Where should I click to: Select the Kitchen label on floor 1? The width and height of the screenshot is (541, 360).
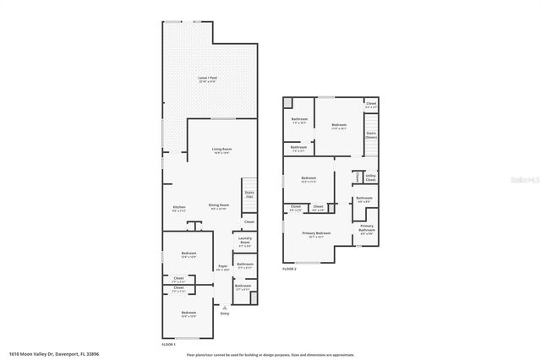point(179,208)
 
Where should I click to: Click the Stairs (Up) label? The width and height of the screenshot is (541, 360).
point(249,194)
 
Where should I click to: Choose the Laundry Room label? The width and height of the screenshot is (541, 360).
point(245,240)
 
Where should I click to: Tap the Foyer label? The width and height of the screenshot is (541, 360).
point(222,268)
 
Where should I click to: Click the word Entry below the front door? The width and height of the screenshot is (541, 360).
point(224,314)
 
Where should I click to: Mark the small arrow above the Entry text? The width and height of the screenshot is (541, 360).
point(224,308)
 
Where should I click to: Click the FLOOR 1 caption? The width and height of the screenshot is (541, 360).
point(169,345)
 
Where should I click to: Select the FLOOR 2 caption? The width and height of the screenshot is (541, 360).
point(290,270)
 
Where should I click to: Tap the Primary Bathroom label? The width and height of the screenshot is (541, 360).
point(367,228)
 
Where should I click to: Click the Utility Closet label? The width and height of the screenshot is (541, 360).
point(370,178)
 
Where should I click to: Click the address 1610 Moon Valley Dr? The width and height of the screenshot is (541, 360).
point(46,355)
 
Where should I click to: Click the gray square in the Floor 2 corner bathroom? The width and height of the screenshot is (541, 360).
point(288,102)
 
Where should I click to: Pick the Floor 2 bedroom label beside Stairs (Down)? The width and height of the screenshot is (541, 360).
point(339,127)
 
